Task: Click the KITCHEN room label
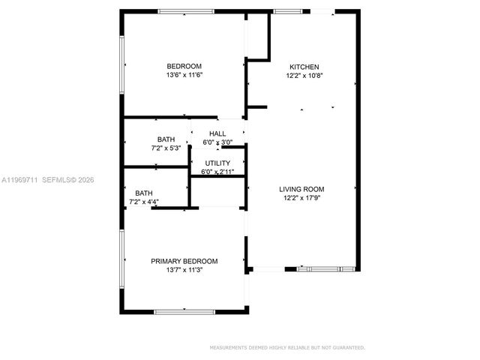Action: [x=304, y=67]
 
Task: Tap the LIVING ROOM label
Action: [x=304, y=189]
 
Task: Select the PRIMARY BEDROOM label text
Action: [x=184, y=261]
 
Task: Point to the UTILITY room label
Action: [x=218, y=163]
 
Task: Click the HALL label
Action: [x=217, y=133]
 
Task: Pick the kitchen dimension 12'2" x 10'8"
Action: [x=304, y=76]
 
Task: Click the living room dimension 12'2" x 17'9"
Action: [x=304, y=198]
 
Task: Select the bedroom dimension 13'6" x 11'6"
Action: [x=184, y=75]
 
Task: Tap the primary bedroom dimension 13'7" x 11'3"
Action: [x=184, y=270]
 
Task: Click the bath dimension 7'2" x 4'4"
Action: [x=145, y=201]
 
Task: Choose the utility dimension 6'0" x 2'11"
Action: [x=217, y=172]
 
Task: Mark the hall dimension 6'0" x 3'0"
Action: [x=217, y=142]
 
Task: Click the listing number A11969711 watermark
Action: [x=19, y=180]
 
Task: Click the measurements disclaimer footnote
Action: [x=287, y=348]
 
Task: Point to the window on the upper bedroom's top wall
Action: [x=185, y=10]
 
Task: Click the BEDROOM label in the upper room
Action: [x=184, y=66]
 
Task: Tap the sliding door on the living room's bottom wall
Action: [x=320, y=268]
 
